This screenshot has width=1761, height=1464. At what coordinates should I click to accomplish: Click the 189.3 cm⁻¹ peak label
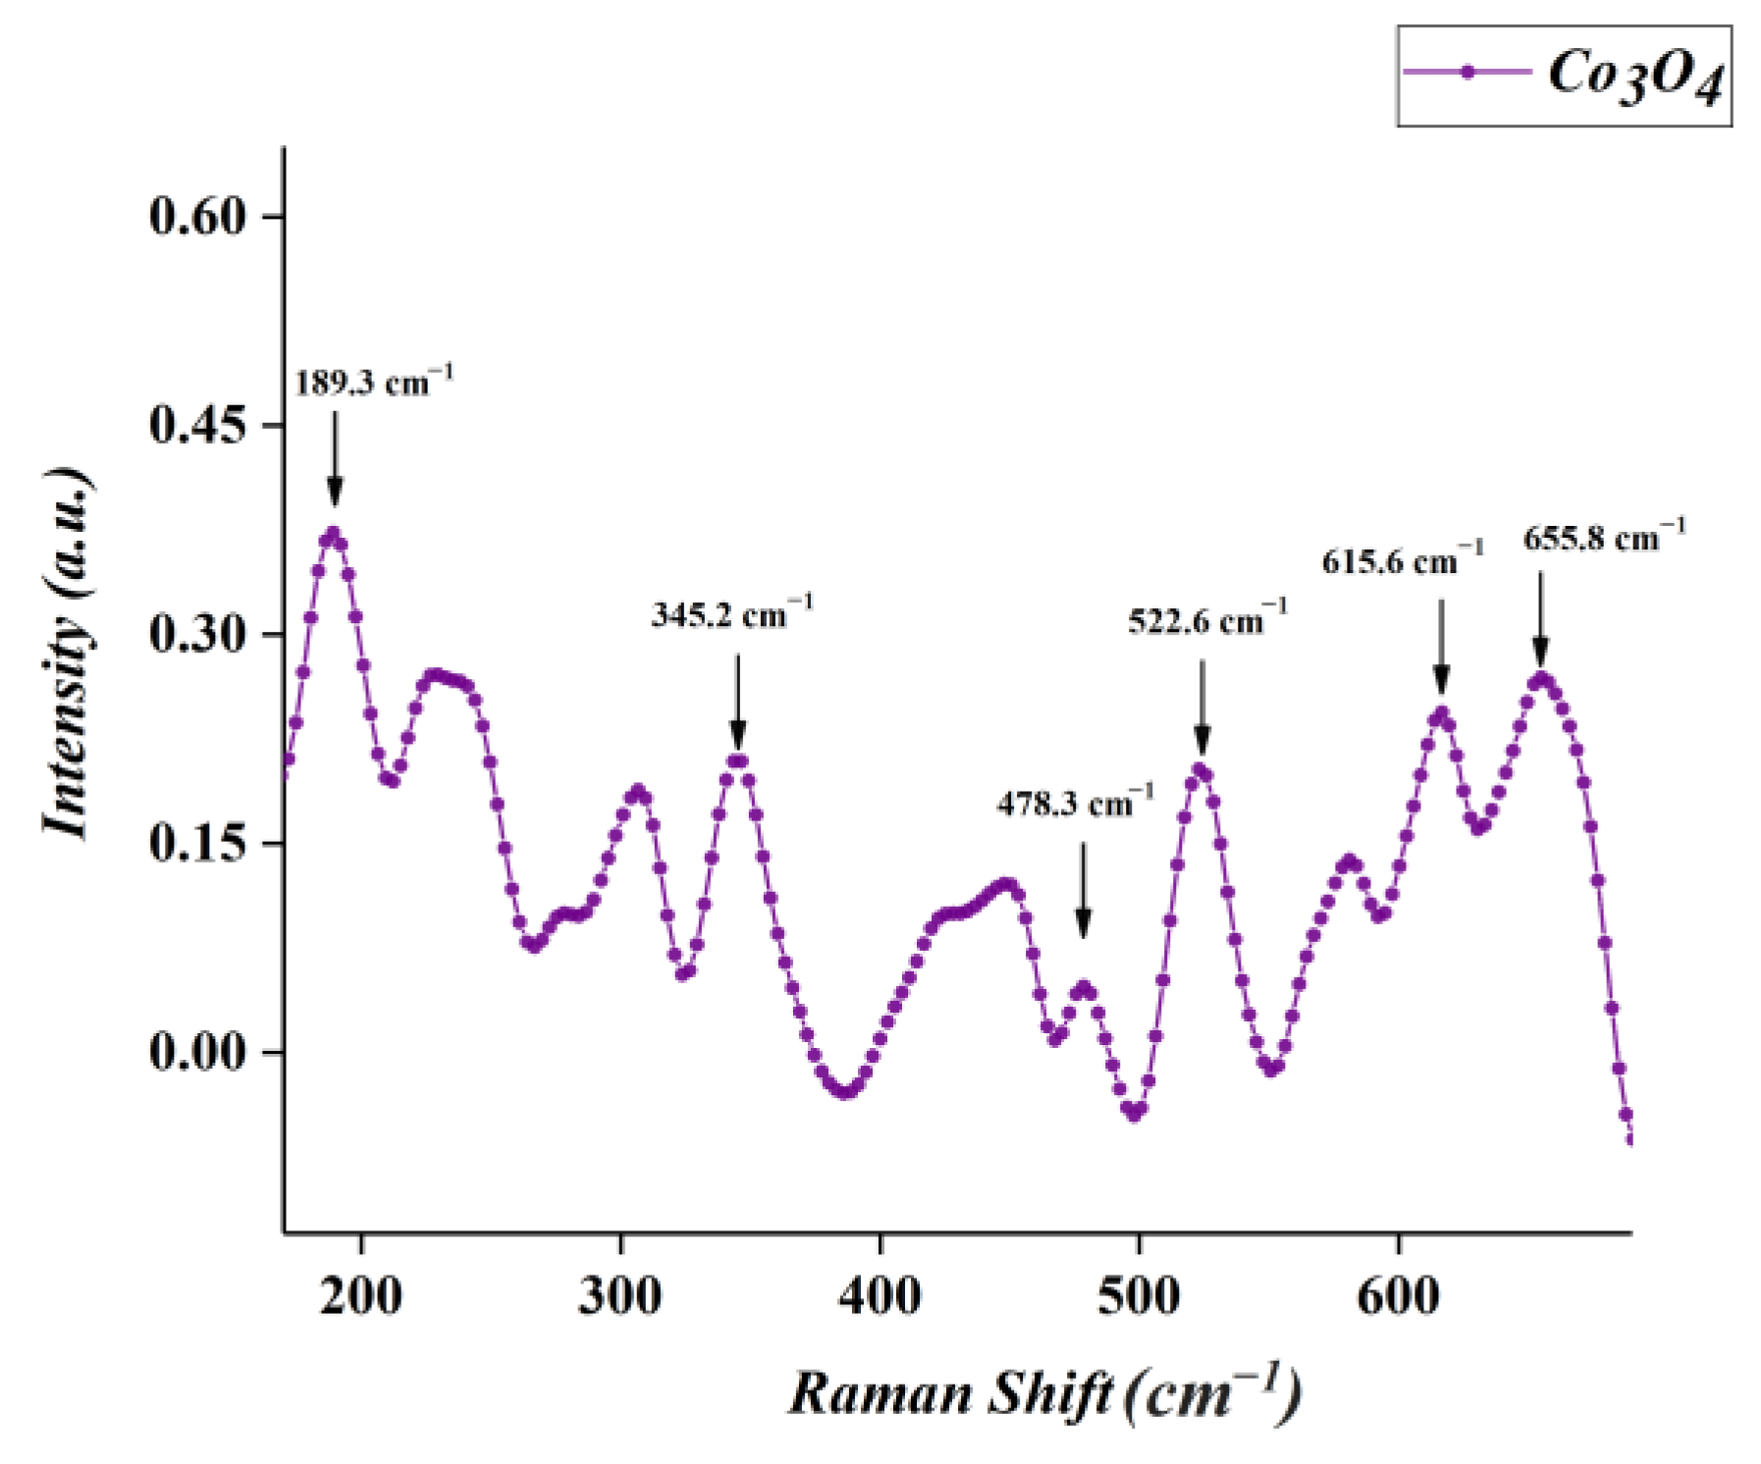pyautogui.click(x=373, y=382)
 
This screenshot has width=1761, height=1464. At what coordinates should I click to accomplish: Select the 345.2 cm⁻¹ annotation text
pyautogui.click(x=731, y=615)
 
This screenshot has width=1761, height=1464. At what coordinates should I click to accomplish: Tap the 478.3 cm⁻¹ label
pyautogui.click(x=1075, y=804)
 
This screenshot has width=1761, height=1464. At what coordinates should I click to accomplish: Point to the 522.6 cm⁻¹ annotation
pyautogui.click(x=1206, y=621)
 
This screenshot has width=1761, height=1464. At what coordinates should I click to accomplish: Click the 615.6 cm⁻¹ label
pyautogui.click(x=1401, y=561)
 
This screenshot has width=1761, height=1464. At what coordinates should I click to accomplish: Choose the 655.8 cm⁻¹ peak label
pyautogui.click(x=1603, y=539)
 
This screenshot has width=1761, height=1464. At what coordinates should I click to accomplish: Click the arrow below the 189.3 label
pyautogui.click(x=335, y=457)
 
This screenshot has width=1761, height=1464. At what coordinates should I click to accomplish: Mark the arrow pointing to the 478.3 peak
pyautogui.click(x=1083, y=889)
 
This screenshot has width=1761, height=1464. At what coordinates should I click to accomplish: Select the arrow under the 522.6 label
pyautogui.click(x=1202, y=706)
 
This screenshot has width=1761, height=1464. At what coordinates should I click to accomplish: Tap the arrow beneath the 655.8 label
pyautogui.click(x=1540, y=619)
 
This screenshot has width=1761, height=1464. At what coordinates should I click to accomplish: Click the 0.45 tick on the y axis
pyautogui.click(x=197, y=426)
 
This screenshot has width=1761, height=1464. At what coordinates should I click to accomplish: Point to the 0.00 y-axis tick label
pyautogui.click(x=197, y=1052)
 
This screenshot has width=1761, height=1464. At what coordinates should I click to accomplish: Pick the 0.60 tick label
pyautogui.click(x=197, y=216)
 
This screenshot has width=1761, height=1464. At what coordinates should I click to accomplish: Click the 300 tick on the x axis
pyautogui.click(x=619, y=1295)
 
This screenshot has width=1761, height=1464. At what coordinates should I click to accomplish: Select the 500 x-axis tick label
pyautogui.click(x=1138, y=1295)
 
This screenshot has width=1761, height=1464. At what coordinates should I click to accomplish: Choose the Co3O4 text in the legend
pyautogui.click(x=1634, y=76)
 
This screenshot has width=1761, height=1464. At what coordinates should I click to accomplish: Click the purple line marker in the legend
pyautogui.click(x=1467, y=72)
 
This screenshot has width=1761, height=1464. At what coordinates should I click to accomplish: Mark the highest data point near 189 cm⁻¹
pyautogui.click(x=333, y=535)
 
